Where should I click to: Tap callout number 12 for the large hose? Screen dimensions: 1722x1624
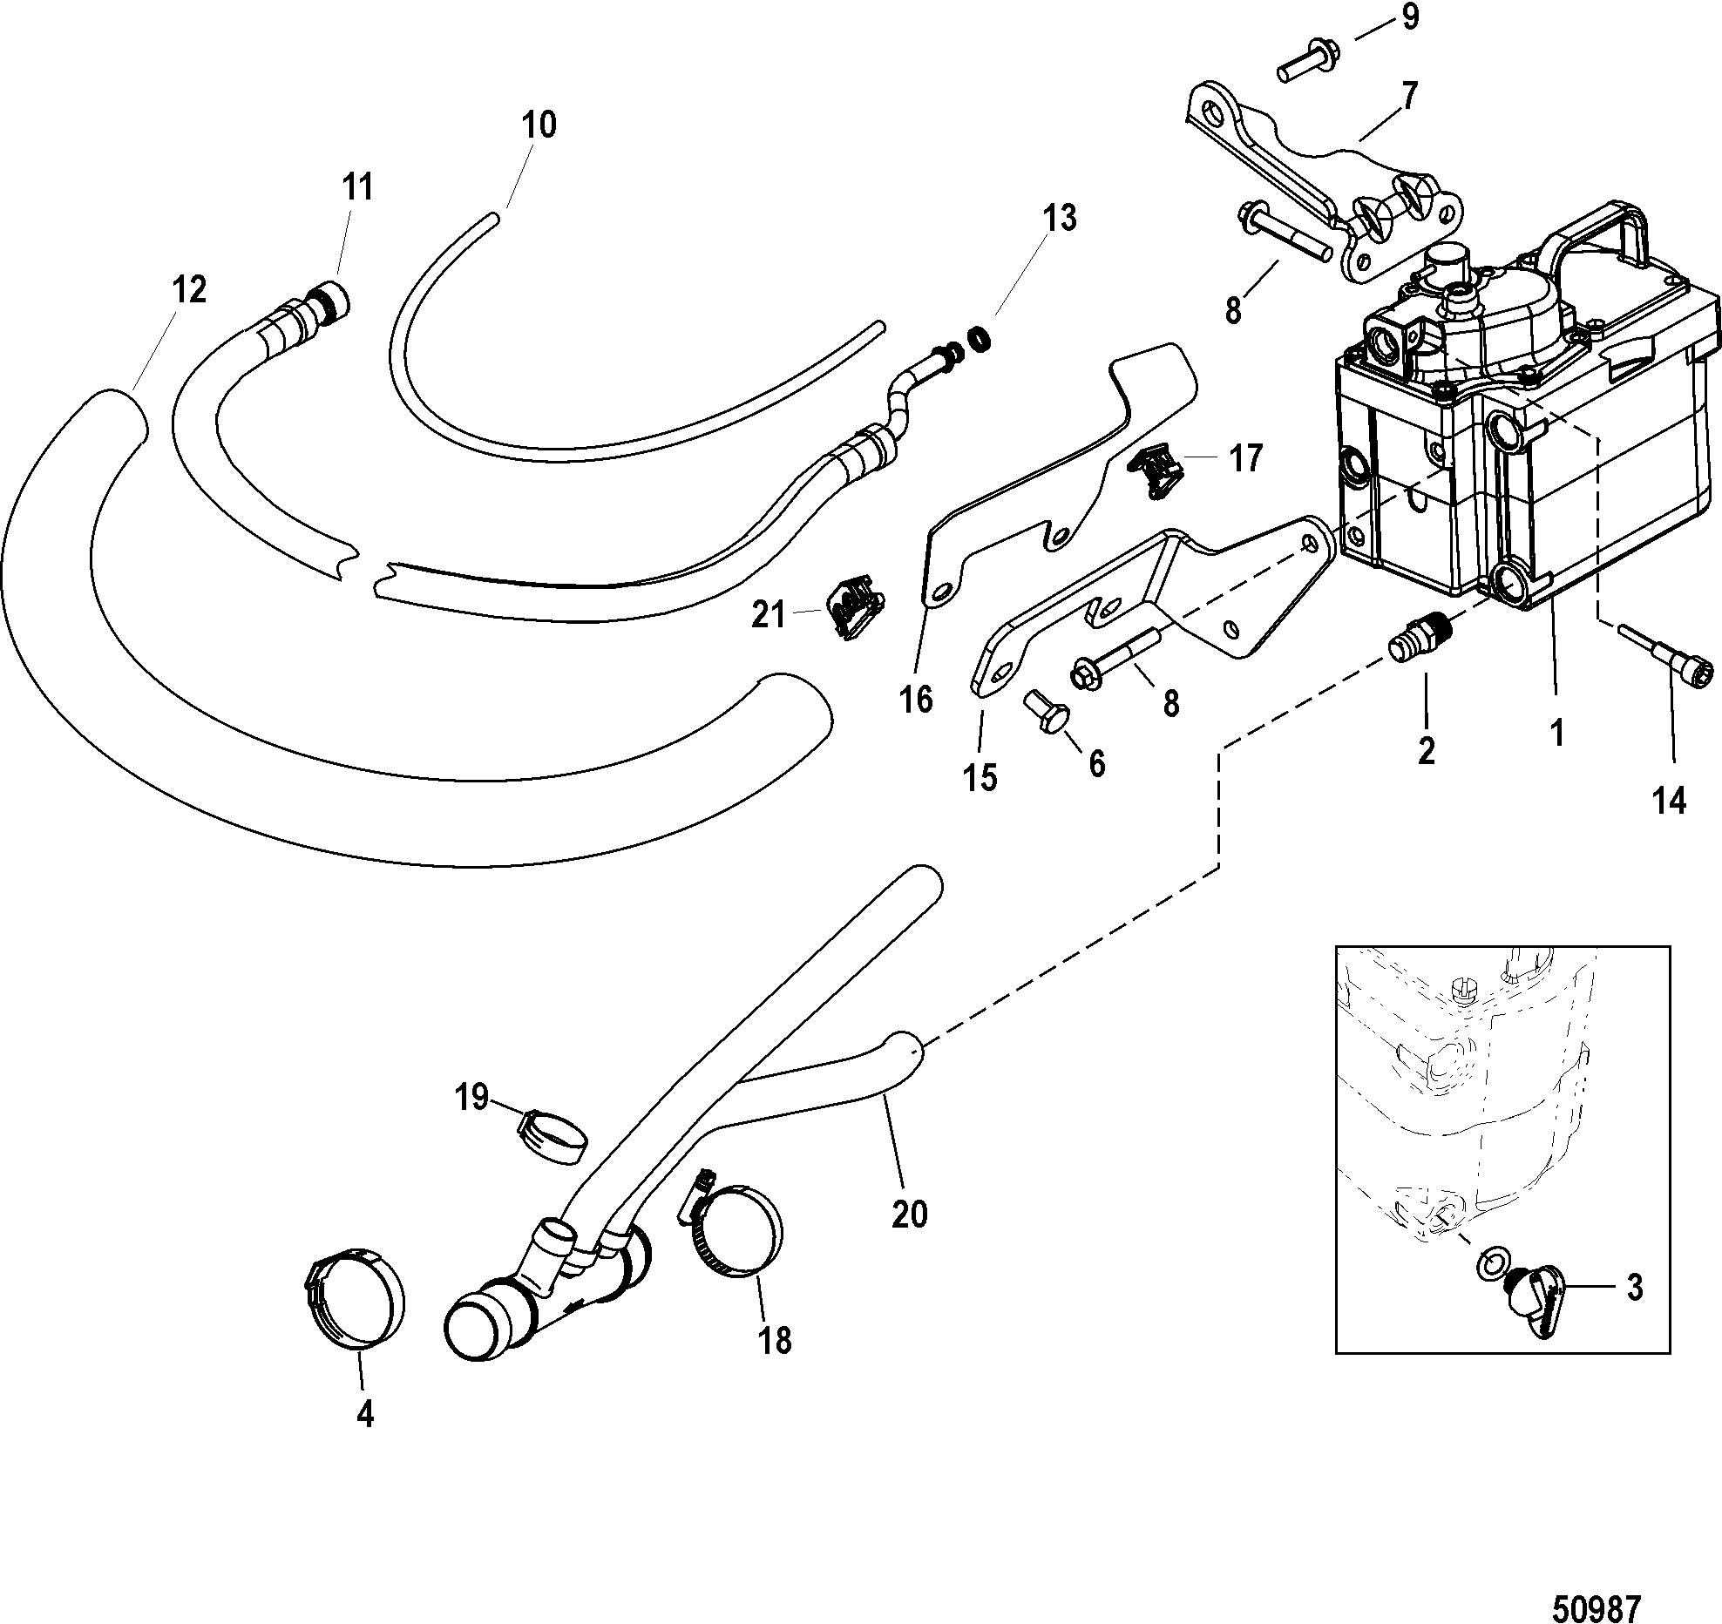click(x=189, y=288)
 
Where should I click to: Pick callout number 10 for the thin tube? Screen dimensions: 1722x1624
click(x=539, y=124)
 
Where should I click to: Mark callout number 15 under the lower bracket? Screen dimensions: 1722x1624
click(x=980, y=776)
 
